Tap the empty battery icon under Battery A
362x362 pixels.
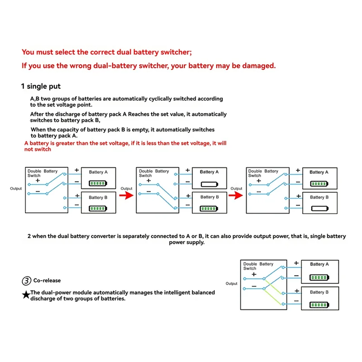(x=209, y=185)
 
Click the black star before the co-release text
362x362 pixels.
(x=26, y=295)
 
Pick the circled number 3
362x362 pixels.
(x=26, y=281)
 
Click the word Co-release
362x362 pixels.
(x=47, y=281)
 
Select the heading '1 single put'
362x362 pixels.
(x=41, y=86)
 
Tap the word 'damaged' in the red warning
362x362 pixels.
(x=257, y=66)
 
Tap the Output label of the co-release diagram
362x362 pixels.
(x=231, y=284)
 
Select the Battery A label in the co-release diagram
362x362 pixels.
(x=319, y=264)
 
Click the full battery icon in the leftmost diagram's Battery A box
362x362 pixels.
(x=98, y=184)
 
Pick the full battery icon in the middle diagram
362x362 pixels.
(x=209, y=209)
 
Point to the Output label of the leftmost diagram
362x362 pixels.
(x=16, y=189)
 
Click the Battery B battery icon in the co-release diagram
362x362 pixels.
(x=319, y=304)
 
